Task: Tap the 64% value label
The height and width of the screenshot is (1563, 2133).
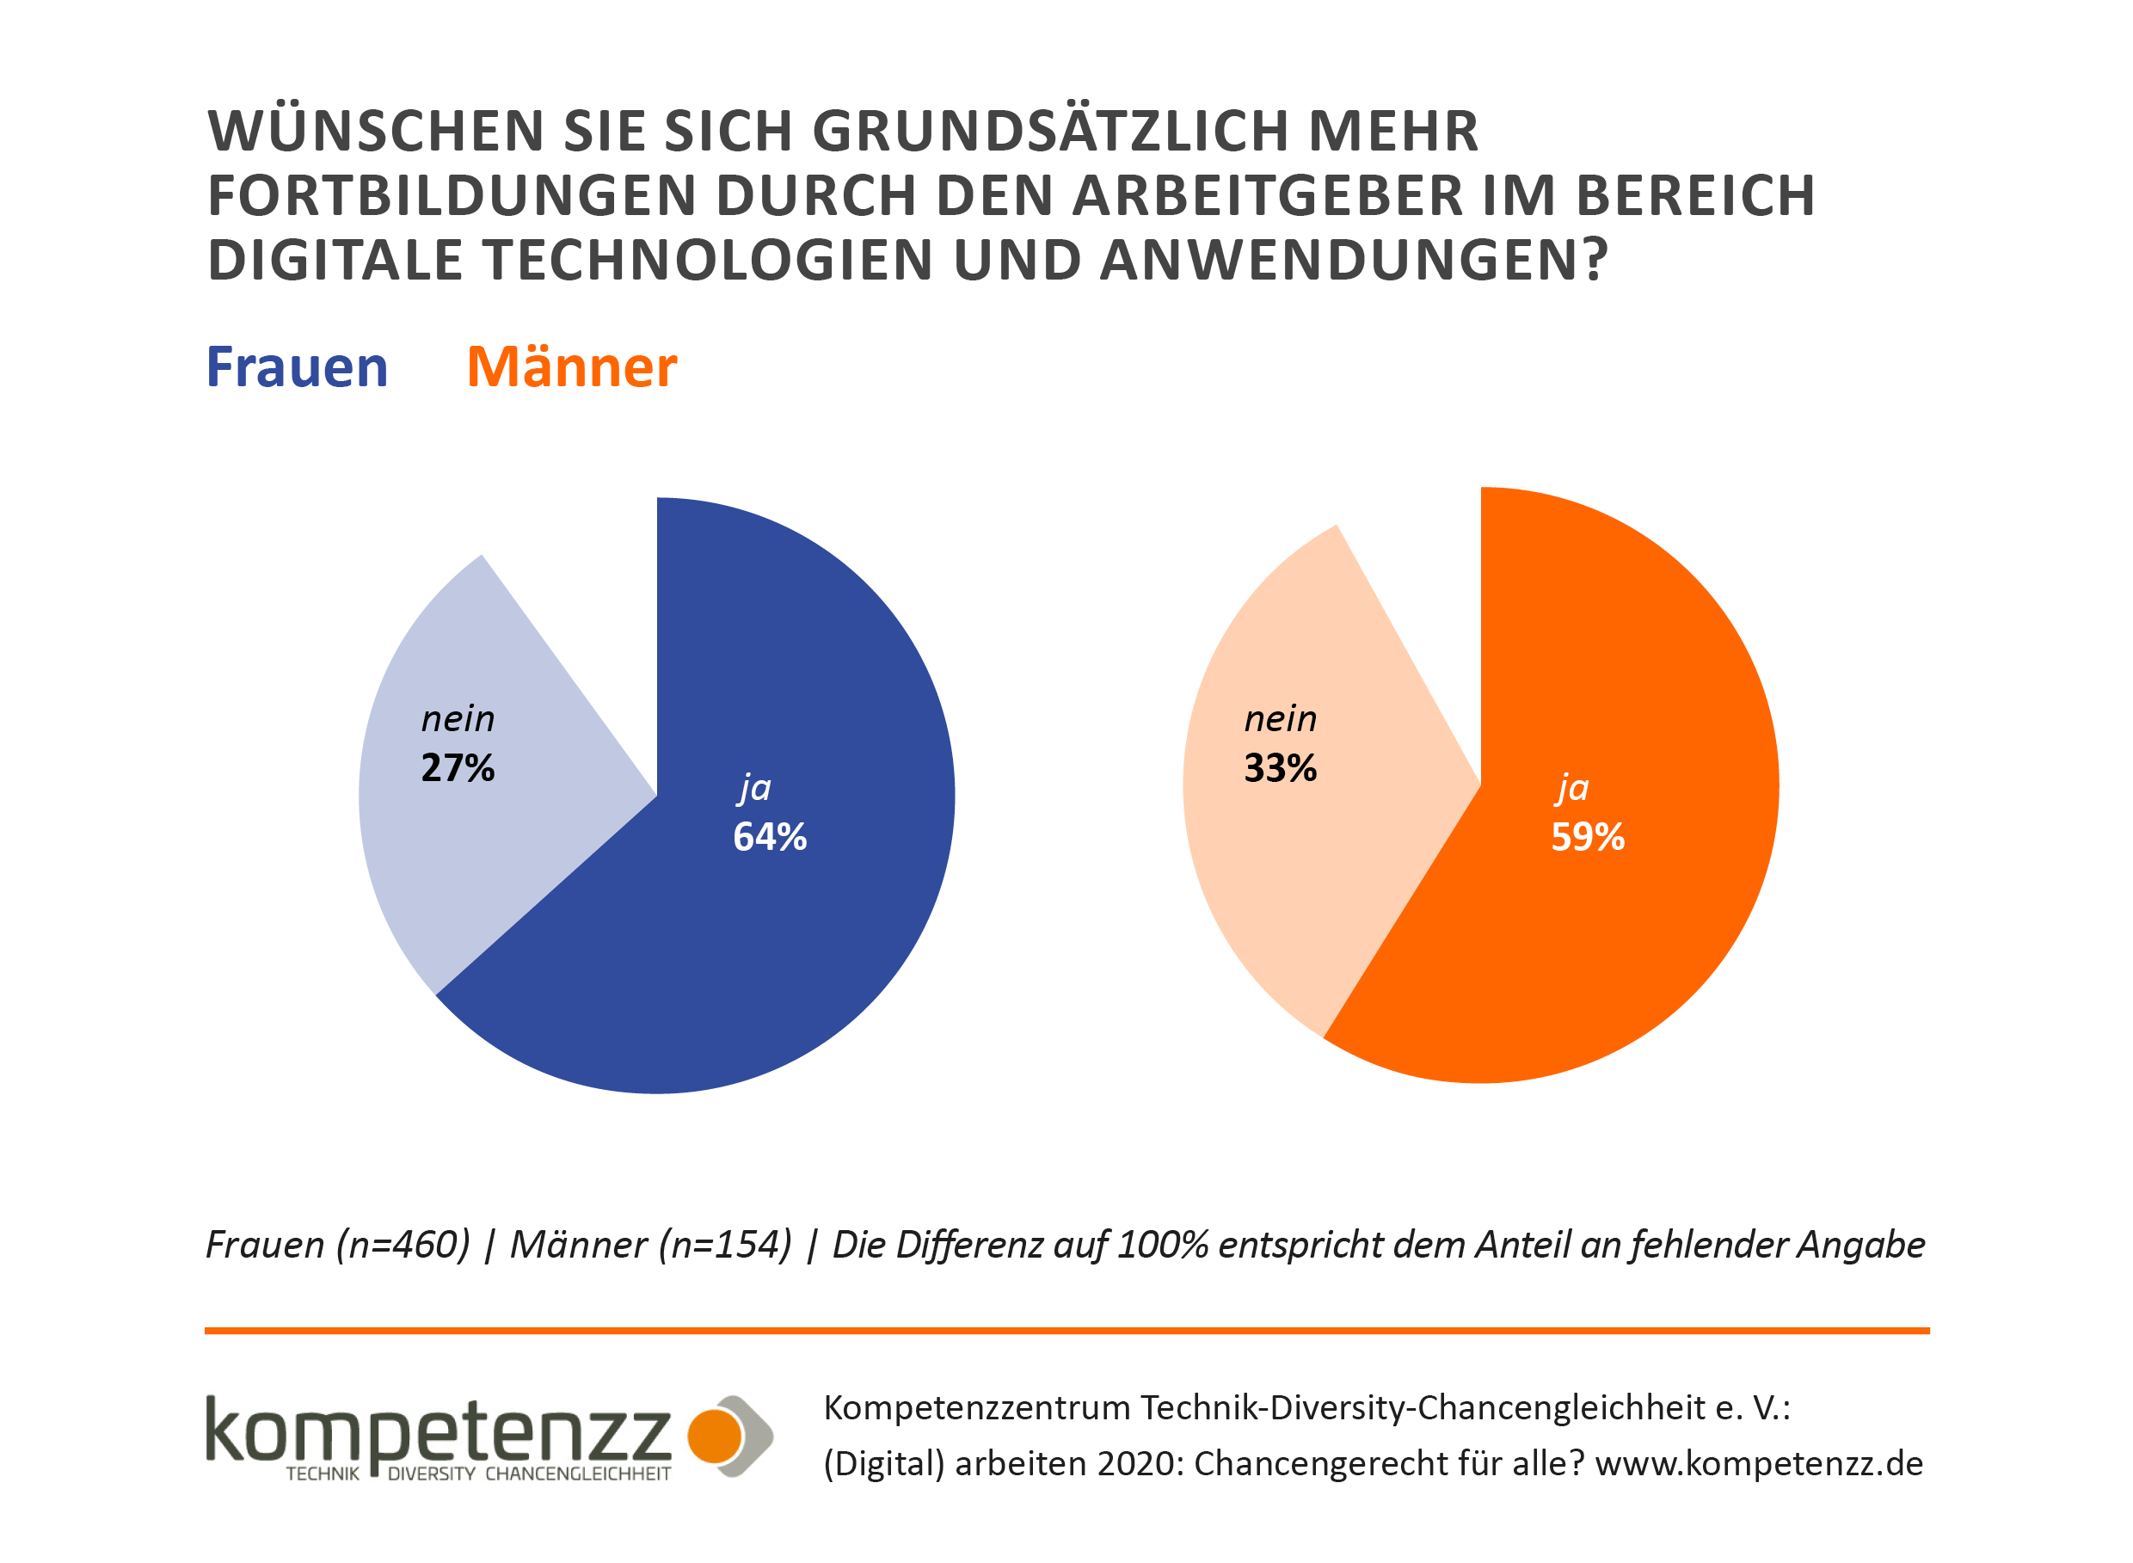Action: (770, 836)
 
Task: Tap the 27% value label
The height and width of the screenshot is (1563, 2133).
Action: (458, 767)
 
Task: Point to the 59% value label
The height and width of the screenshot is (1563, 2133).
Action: (1587, 836)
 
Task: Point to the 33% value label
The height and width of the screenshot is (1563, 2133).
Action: (1280, 767)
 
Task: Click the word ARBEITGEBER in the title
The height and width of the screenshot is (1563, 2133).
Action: (1268, 196)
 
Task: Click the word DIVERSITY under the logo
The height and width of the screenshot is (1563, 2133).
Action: (431, 1474)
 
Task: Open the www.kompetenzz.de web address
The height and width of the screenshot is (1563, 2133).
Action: (1758, 1464)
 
